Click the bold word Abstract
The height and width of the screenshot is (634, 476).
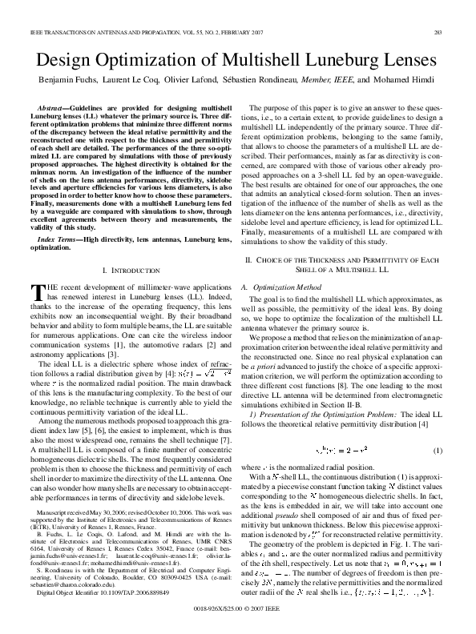(x=54, y=106)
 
